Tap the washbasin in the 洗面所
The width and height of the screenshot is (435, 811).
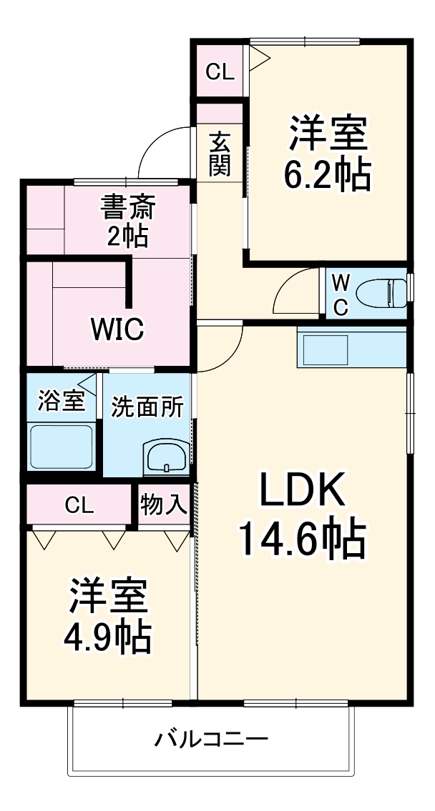[166, 458]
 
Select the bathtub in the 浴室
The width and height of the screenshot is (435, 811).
[61, 447]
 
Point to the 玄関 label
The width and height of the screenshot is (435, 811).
[220, 154]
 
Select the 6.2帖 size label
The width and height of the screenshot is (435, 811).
[328, 174]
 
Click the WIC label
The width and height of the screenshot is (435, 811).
[117, 329]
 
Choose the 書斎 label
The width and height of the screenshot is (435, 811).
[128, 209]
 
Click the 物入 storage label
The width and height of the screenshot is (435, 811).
[164, 504]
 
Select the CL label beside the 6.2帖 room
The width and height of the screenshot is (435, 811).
[220, 71]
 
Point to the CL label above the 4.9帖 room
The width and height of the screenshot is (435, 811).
[79, 505]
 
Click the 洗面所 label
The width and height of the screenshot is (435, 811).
[147, 407]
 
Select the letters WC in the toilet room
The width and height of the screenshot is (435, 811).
[341, 293]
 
